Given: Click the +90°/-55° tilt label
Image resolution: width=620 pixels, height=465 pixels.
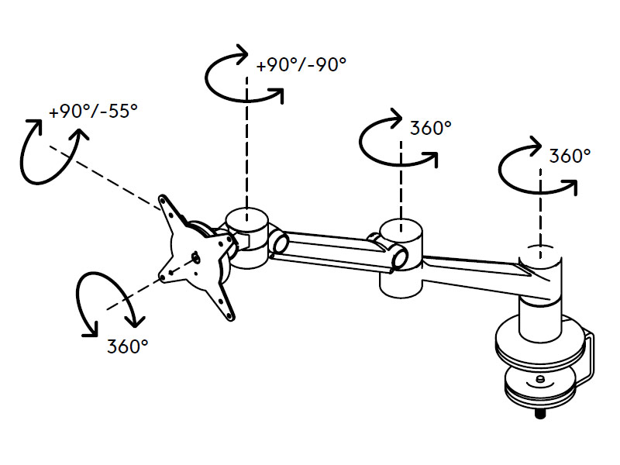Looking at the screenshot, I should [93, 112].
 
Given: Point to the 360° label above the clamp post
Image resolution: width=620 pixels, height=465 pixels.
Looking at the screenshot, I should [570, 155].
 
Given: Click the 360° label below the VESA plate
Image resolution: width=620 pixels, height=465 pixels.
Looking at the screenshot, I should [127, 346].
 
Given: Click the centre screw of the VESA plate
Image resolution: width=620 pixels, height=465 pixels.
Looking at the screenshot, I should [195, 258].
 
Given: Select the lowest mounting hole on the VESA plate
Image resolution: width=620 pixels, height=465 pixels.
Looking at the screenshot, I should [229, 315].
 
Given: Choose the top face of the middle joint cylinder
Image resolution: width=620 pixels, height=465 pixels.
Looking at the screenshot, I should [401, 227].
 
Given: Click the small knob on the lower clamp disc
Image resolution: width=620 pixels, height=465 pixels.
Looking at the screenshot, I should [539, 380].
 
